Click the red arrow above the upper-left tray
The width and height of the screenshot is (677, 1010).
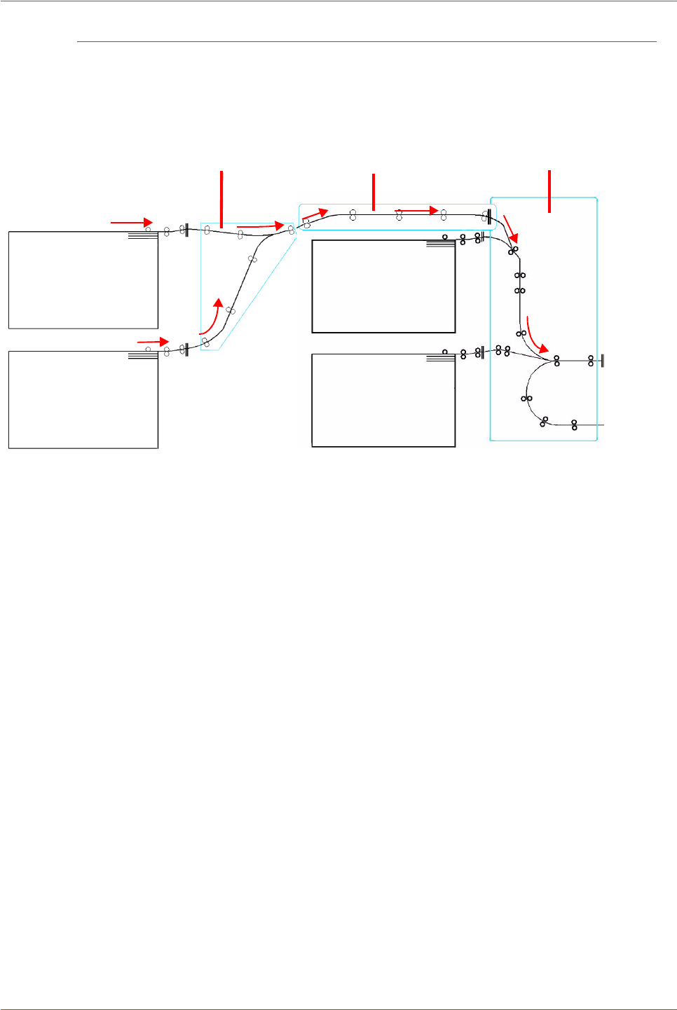click(132, 223)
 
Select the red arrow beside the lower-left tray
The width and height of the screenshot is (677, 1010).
click(153, 342)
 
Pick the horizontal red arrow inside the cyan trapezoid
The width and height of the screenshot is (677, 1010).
click(260, 226)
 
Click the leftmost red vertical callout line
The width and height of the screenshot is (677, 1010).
click(221, 198)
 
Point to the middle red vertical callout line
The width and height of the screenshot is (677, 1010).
click(374, 191)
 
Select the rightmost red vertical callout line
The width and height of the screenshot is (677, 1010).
click(549, 191)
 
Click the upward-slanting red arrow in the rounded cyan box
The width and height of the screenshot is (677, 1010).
click(315, 214)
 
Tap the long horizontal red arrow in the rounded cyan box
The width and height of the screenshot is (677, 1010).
click(417, 209)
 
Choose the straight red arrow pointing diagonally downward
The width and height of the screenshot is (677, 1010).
click(511, 229)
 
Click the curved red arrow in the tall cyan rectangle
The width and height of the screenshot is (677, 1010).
click(536, 337)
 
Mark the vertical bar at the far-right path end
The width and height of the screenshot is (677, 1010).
click(603, 361)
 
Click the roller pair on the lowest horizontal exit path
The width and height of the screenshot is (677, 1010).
click(574, 424)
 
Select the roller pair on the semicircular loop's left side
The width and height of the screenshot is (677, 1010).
click(526, 399)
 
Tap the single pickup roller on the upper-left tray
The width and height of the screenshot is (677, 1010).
click(148, 230)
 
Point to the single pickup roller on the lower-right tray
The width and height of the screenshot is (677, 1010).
click(445, 352)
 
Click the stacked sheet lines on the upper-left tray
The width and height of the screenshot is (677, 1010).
click(143, 237)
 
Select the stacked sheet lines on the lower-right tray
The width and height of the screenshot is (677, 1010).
click(440, 358)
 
